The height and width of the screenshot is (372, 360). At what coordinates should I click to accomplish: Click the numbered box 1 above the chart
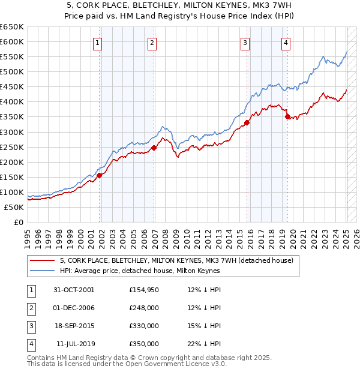tap(97, 43)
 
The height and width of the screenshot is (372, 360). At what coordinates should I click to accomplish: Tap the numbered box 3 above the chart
tap(245, 43)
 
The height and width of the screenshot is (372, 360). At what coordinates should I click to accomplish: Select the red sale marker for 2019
tap(287, 117)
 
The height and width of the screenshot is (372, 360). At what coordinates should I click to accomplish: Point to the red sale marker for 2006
tap(154, 148)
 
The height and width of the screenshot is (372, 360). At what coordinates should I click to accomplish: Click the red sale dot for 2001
tap(100, 175)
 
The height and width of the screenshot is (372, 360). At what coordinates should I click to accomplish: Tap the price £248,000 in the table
tap(144, 308)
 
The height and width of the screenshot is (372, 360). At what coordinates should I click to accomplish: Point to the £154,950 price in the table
tap(144, 290)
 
